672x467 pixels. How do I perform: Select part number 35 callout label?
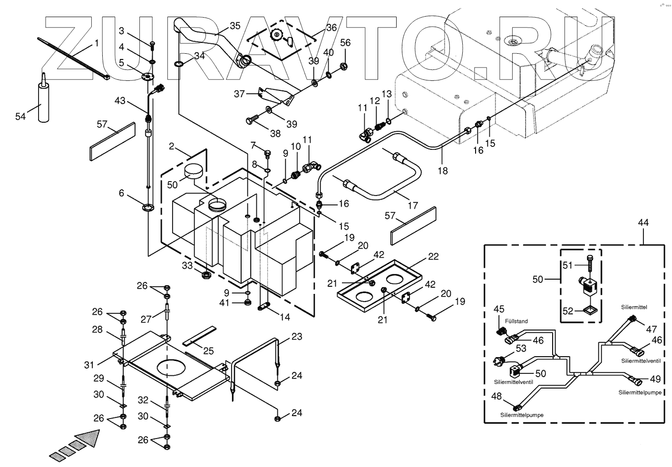(235, 26)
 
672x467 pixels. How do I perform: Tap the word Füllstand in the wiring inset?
(516, 321)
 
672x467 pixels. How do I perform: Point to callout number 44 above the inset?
(643, 222)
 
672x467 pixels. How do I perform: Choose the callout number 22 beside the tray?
(433, 257)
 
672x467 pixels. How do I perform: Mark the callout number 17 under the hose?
(412, 205)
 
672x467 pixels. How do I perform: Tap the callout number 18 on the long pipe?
(443, 170)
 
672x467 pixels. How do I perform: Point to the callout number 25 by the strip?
(208, 351)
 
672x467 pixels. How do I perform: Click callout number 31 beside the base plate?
(89, 365)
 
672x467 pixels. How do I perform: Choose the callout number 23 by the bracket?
(297, 336)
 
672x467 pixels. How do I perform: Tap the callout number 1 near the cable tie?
(97, 43)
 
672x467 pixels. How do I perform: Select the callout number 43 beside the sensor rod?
(120, 101)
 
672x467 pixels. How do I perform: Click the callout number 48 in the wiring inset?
(496, 396)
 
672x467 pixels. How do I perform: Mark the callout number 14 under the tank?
(285, 317)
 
